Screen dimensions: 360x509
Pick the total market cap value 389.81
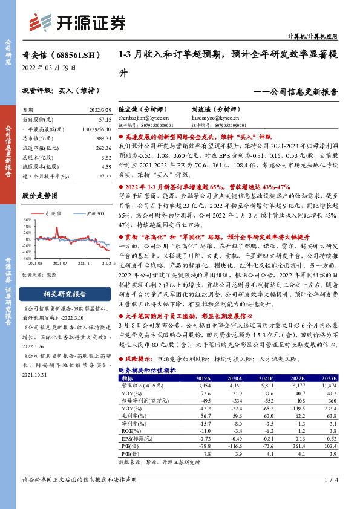click(x=103, y=138)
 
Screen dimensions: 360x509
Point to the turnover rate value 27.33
click(x=104, y=175)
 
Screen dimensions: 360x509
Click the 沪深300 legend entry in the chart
click(x=92, y=214)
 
